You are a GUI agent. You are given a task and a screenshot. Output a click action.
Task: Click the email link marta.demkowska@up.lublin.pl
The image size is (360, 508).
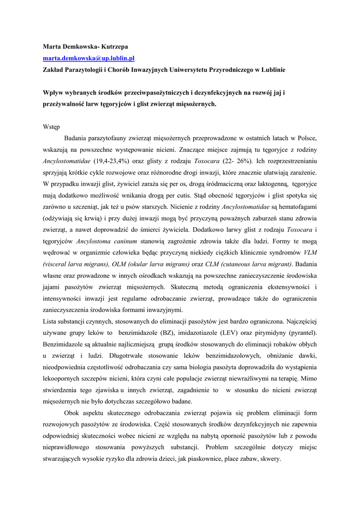click(85, 59)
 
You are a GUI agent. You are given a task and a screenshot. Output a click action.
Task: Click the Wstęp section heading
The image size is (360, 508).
click(51, 127)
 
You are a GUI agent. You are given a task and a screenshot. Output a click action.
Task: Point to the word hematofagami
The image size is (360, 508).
click(294, 207)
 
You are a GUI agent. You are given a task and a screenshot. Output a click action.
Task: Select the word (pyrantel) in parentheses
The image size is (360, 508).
click(300, 333)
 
